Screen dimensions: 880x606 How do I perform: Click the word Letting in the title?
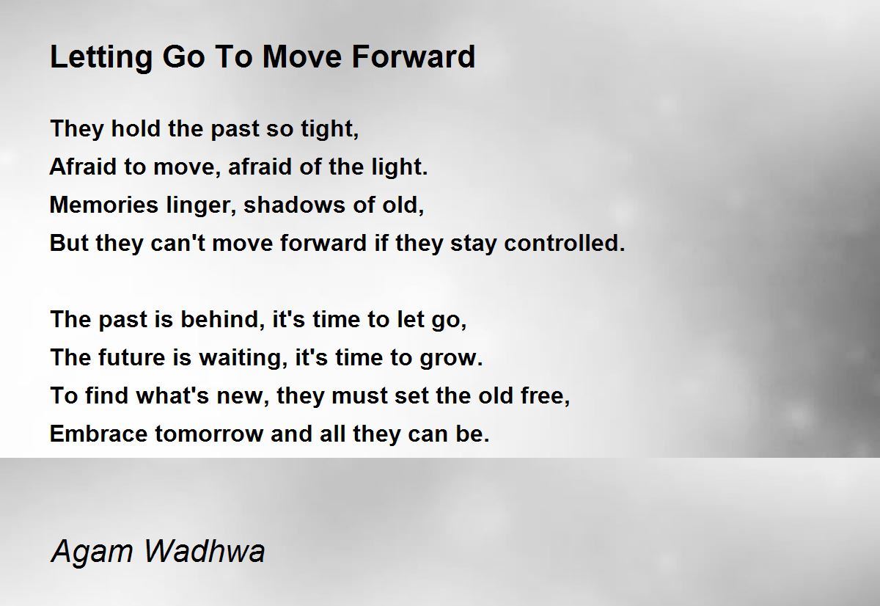point(101,58)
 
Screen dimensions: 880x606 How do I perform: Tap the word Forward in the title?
point(414,56)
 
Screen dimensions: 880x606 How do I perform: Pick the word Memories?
point(103,205)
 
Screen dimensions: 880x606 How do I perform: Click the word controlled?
point(564,243)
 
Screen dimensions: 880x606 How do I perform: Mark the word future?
point(131,357)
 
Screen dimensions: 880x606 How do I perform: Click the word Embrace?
point(98,434)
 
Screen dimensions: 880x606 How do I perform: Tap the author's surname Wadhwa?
point(205,550)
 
